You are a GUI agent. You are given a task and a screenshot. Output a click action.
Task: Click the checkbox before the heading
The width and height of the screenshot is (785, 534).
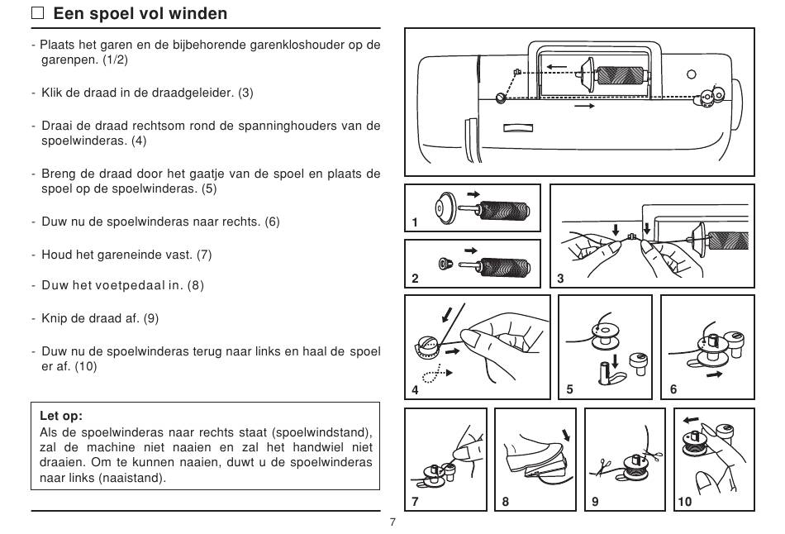click(x=38, y=13)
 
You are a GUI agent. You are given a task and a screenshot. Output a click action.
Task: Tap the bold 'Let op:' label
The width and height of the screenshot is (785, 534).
click(x=62, y=416)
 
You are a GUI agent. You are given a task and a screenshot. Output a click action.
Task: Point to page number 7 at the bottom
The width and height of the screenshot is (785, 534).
click(x=392, y=522)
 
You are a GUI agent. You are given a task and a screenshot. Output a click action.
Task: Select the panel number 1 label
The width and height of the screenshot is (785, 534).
click(x=415, y=222)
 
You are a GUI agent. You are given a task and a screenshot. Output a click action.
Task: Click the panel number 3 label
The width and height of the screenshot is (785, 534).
click(x=560, y=279)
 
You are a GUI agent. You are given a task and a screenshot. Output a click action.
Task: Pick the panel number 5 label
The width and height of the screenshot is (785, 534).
click(x=569, y=389)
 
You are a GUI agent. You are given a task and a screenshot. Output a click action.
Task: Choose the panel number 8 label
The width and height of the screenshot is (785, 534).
click(x=505, y=501)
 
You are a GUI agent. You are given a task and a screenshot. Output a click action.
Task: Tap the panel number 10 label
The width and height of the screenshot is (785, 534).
click(x=684, y=501)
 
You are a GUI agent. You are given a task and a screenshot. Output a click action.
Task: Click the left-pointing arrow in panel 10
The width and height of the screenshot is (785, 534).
click(x=692, y=419)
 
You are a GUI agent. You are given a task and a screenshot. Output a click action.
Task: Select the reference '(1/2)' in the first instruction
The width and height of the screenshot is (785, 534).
click(x=115, y=60)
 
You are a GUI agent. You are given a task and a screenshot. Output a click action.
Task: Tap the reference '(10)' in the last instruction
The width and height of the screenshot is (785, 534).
click(x=85, y=366)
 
